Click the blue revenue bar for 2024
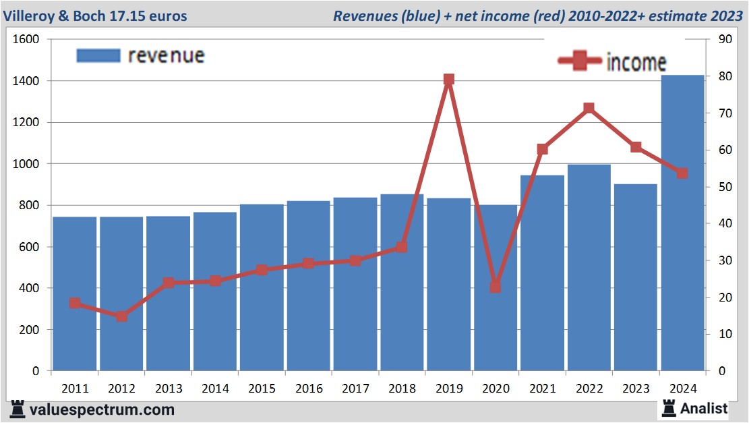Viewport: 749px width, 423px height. (x=682, y=223)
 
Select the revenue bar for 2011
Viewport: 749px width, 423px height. (x=75, y=293)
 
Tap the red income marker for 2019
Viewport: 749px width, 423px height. (x=449, y=80)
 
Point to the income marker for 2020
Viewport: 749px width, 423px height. (x=496, y=287)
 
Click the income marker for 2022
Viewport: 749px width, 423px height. (x=589, y=108)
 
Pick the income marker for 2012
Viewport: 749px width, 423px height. (x=121, y=316)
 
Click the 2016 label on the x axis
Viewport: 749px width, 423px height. (x=308, y=389)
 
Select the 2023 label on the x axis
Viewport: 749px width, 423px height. (x=636, y=389)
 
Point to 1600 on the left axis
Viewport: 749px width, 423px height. (x=26, y=40)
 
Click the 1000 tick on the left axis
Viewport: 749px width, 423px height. (x=26, y=164)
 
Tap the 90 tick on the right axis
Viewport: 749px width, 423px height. (x=725, y=40)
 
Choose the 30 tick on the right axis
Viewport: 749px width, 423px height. (x=725, y=260)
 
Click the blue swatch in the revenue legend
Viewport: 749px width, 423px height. (x=98, y=55)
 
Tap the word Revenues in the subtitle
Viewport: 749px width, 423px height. (x=364, y=16)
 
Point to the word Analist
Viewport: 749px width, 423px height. (x=704, y=408)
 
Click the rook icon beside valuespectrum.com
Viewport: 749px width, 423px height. (x=18, y=409)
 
